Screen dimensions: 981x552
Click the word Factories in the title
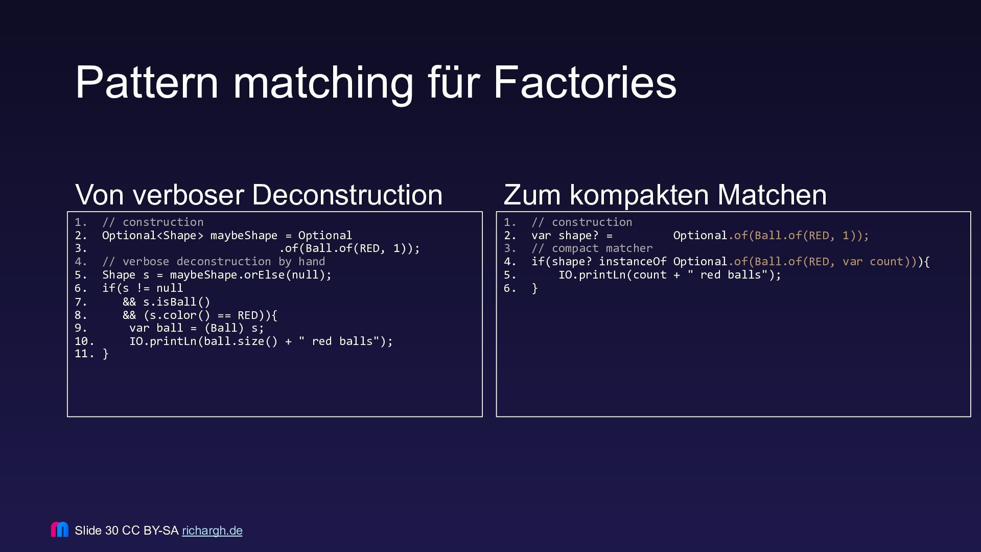click(x=585, y=82)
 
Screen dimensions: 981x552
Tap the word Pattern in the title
click(x=147, y=82)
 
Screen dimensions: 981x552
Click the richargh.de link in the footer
click(x=212, y=531)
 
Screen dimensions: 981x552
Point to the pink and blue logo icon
click(x=60, y=530)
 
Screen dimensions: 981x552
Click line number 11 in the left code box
click(x=84, y=354)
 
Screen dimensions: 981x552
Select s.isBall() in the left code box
click(x=176, y=302)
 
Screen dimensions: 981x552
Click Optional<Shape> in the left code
click(x=153, y=236)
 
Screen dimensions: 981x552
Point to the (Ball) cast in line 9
click(x=224, y=328)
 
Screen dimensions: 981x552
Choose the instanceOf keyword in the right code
click(x=633, y=262)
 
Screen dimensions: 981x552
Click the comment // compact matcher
click(x=592, y=248)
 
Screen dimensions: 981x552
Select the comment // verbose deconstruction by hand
click(x=214, y=262)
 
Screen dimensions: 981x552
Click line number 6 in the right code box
click(x=509, y=288)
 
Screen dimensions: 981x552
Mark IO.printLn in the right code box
click(x=592, y=275)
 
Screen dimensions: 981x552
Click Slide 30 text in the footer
click(x=97, y=531)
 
